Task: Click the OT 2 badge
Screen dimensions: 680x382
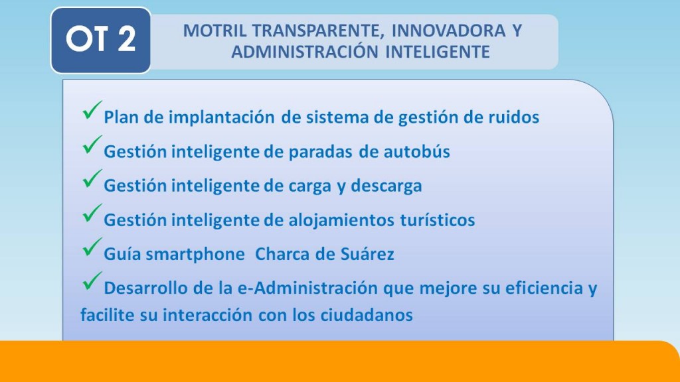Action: (x=101, y=40)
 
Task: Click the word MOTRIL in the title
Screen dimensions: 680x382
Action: (x=215, y=31)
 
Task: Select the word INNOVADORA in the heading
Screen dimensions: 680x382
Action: (x=448, y=31)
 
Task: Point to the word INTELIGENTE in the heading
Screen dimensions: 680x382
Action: (x=438, y=52)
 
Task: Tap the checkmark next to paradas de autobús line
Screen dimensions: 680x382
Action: (x=92, y=144)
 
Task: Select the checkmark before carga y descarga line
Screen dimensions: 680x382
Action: (x=92, y=178)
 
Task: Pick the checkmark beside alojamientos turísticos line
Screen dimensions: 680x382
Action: (x=92, y=213)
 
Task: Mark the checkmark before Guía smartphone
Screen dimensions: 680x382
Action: (x=92, y=247)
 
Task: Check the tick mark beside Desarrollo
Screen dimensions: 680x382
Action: (x=92, y=281)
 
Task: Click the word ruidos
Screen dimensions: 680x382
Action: (x=514, y=117)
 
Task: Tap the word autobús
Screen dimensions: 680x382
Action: (x=417, y=152)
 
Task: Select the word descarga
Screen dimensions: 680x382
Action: (x=386, y=186)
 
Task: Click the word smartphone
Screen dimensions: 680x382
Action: (x=195, y=254)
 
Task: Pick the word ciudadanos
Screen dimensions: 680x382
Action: (x=367, y=315)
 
